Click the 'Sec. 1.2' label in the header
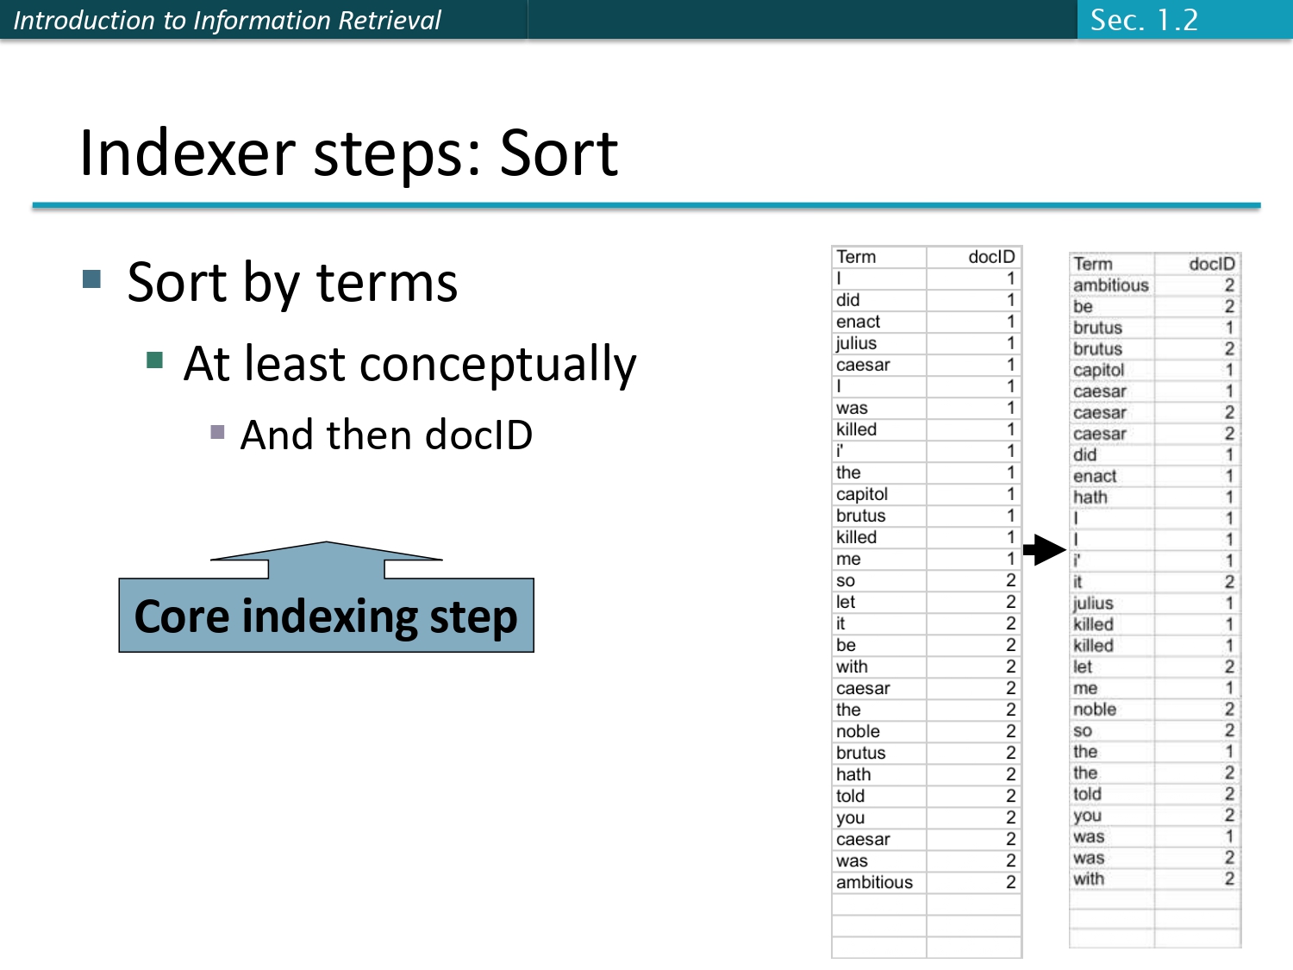1144,20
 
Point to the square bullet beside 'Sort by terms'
92,278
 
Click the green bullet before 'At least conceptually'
155,360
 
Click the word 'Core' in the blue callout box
181,616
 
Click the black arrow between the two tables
1045,549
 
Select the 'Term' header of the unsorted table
856,257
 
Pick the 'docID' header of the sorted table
1211,264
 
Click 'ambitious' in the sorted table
1110,285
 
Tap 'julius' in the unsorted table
856,343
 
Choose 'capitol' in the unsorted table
862,494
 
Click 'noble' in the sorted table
1095,710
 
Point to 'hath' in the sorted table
1090,498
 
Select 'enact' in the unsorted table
859,322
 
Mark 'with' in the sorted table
1089,879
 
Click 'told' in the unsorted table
850,796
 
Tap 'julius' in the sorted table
1093,604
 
